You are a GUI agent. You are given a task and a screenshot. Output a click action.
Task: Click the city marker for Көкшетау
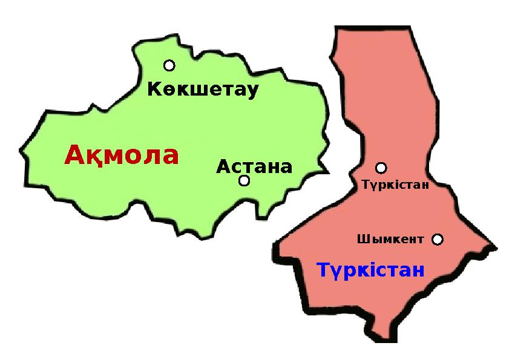[x=169, y=65]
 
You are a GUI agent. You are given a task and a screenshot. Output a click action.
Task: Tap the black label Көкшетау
[x=203, y=90]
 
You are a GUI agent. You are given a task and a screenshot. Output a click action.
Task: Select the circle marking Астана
[x=244, y=180]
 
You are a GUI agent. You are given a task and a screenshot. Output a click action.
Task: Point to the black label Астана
[x=254, y=166]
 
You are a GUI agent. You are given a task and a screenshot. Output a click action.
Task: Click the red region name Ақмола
[x=122, y=155]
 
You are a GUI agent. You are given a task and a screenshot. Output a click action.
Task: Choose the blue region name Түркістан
[x=370, y=270]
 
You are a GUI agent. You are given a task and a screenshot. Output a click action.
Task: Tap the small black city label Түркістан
[x=395, y=185]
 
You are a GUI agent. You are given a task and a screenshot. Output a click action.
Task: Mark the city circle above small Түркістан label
[x=381, y=168]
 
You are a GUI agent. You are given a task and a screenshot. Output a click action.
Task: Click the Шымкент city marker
[x=438, y=240]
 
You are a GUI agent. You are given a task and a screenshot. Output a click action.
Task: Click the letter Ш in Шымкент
[x=361, y=240]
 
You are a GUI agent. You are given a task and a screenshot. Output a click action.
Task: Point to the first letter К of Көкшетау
[x=154, y=90]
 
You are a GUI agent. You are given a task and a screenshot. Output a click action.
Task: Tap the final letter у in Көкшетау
[x=252, y=91]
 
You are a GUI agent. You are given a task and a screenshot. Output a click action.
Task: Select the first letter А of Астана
[x=223, y=166]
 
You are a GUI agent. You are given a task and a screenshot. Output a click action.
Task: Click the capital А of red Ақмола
[x=74, y=155]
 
